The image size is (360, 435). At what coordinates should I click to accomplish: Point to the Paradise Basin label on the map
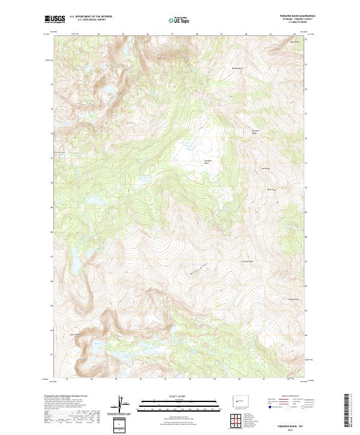tap(209, 162)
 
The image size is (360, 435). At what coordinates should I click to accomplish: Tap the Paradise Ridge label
tap(255, 131)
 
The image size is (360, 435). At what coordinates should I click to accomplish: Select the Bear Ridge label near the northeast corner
tap(294, 42)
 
